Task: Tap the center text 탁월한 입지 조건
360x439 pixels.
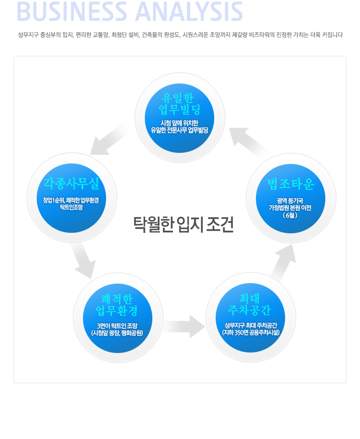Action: (183, 224)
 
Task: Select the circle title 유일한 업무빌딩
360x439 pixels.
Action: (180, 103)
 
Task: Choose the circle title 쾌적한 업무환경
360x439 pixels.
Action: (118, 304)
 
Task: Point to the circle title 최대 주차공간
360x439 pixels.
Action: (250, 304)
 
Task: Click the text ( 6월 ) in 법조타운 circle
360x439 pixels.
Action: (290, 215)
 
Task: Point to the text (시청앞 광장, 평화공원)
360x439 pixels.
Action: (118, 333)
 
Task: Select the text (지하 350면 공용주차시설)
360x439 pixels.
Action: (251, 332)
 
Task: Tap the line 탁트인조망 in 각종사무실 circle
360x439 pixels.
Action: (71, 207)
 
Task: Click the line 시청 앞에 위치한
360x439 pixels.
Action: (179, 123)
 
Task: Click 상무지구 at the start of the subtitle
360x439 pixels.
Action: (28, 35)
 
